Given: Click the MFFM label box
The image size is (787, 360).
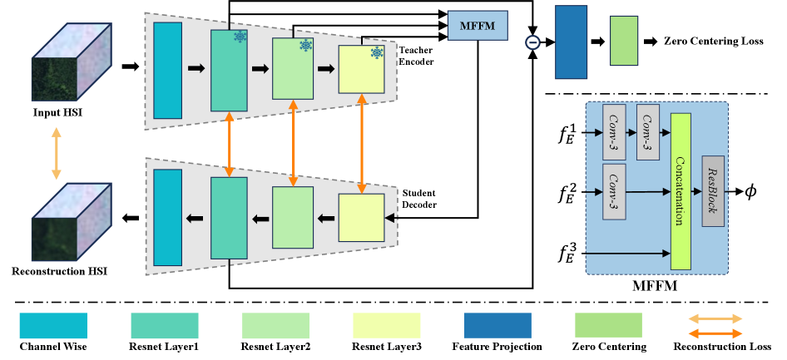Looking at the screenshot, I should (478, 26).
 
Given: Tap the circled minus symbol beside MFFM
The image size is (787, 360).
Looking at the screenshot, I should (532, 42).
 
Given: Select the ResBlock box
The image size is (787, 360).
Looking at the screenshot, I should (713, 190).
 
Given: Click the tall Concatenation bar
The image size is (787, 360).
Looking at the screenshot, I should (681, 191).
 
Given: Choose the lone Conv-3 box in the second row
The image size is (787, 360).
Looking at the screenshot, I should (614, 191).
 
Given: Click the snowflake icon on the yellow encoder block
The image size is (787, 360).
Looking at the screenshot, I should (377, 53).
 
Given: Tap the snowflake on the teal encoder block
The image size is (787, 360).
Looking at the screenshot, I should (240, 37).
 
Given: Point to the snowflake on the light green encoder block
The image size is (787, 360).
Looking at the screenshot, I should (305, 45).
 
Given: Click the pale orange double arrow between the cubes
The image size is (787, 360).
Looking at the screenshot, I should (56, 153).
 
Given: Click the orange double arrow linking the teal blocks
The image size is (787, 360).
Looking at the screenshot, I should (229, 144).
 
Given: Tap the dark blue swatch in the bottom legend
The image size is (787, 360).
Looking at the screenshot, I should (497, 325).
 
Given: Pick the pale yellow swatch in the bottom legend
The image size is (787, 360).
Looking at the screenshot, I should (386, 325).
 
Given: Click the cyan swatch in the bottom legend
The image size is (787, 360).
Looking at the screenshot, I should (53, 325).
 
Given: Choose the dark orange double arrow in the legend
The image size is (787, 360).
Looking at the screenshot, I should (715, 333).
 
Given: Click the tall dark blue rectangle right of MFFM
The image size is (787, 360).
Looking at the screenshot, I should (571, 42).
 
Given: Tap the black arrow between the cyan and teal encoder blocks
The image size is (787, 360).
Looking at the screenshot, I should (196, 69).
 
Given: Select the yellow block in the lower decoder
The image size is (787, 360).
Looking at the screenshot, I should (361, 218).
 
